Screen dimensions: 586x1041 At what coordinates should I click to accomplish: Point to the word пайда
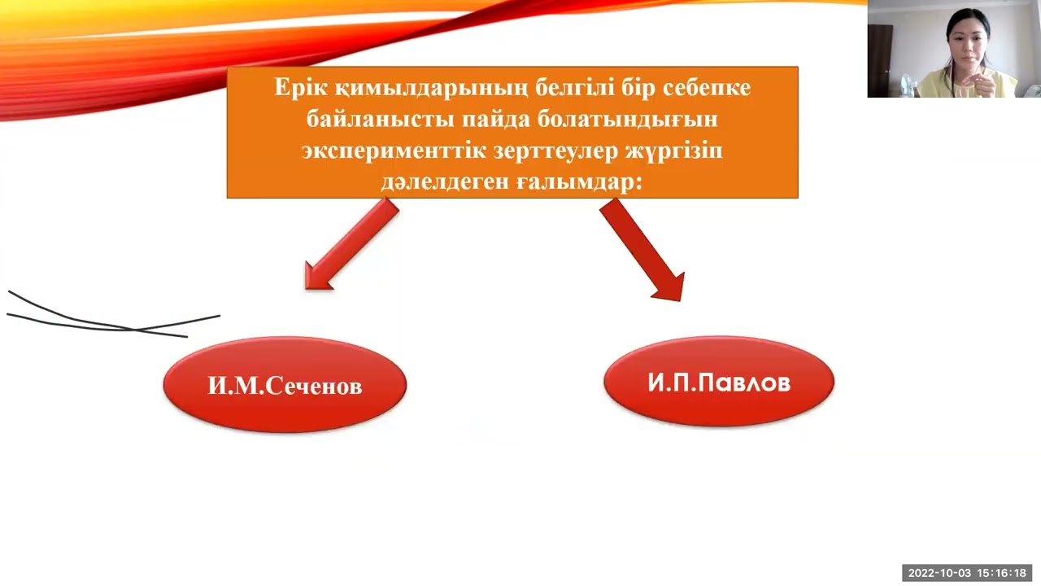495,120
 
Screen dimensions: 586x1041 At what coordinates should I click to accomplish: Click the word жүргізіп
678,151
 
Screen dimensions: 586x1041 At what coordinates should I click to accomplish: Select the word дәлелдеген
444,183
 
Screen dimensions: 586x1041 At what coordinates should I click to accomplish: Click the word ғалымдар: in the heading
579,183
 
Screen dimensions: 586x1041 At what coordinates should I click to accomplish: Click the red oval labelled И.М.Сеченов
285,385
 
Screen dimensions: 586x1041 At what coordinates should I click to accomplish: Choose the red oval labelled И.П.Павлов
719,382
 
